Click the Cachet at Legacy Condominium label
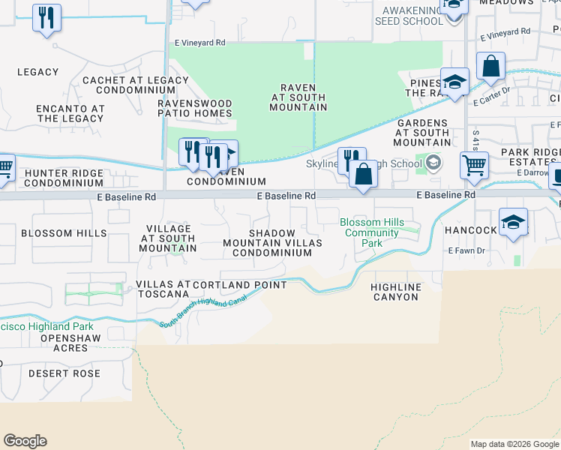tap(136, 85)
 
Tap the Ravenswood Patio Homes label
tap(194, 108)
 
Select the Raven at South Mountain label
tap(298, 97)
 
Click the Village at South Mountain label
tap(168, 238)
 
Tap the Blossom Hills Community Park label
tap(372, 232)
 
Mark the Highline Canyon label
tap(396, 292)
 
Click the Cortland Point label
tap(239, 285)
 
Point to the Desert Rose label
tap(64, 373)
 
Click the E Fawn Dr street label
tap(468, 250)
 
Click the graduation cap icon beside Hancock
tap(513, 222)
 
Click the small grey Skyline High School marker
tap(433, 161)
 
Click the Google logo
tap(25, 441)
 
